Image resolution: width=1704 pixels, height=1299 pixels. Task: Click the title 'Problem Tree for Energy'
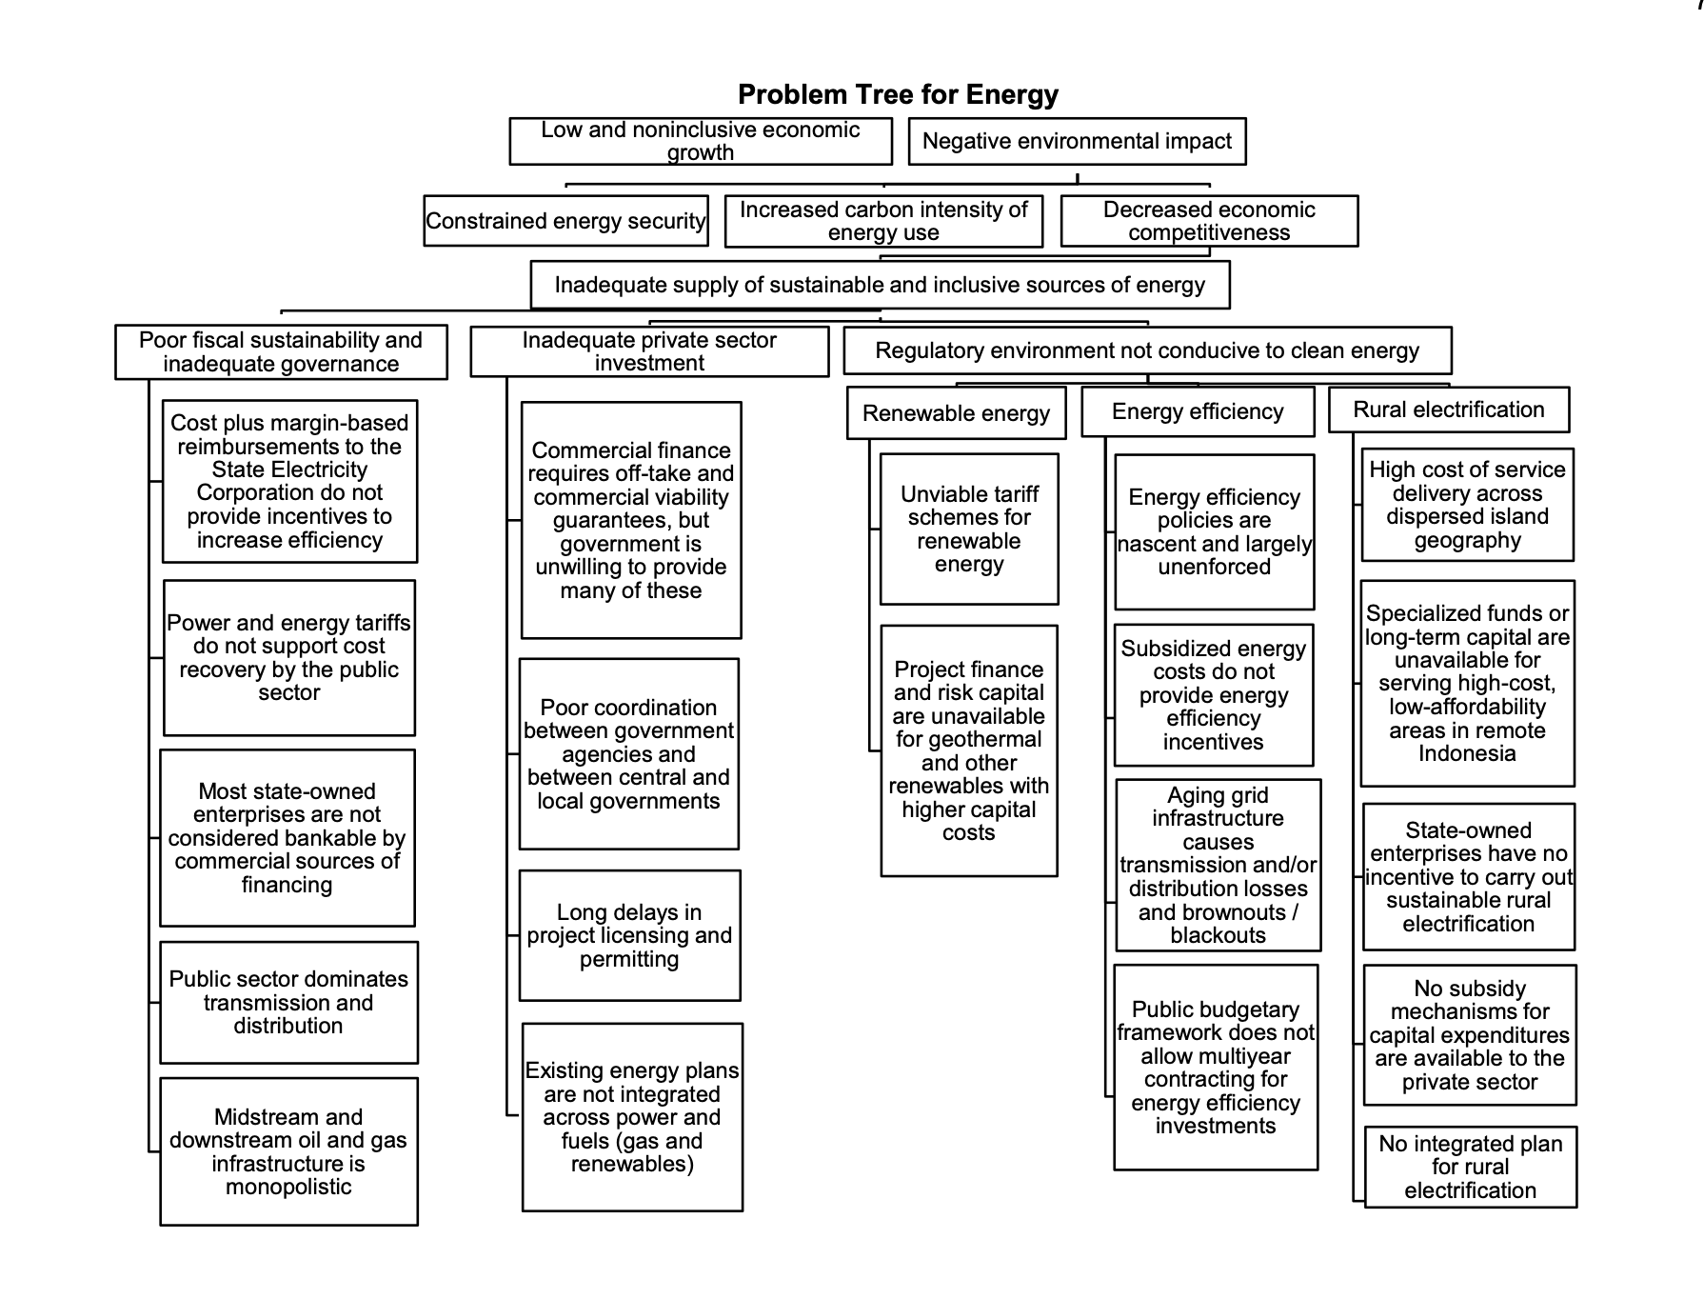(898, 95)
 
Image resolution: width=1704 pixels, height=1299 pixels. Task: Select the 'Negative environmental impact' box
(1077, 141)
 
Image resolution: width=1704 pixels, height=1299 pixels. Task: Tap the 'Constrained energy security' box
(565, 221)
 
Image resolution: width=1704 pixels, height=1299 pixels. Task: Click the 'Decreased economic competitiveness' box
(1209, 221)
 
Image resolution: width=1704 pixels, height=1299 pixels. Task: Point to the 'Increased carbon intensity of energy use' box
(883, 221)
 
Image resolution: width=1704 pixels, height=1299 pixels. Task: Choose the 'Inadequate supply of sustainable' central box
(880, 285)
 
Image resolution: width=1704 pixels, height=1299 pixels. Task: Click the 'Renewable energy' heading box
(956, 413)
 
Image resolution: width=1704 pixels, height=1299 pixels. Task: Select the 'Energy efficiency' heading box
(1198, 411)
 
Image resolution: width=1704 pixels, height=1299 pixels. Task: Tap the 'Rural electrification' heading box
(1449, 410)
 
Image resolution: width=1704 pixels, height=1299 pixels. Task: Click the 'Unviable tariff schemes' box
(969, 529)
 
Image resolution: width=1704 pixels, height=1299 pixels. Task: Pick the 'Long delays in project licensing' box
(629, 935)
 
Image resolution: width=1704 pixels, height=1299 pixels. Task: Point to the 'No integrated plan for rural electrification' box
(1471, 1167)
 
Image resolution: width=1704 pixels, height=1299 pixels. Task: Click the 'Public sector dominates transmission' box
(288, 1002)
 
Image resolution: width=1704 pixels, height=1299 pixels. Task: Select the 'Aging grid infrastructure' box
(1219, 865)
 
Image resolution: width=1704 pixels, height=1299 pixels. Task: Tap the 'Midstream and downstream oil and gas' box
(288, 1151)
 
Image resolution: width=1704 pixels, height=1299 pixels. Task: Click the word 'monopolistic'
(288, 1187)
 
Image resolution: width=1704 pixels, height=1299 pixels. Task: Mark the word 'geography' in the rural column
(1467, 541)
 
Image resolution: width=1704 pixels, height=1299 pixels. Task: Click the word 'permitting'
(629, 959)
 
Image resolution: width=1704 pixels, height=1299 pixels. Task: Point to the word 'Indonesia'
(1467, 753)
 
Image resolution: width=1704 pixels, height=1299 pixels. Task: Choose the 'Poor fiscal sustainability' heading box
(281, 352)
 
